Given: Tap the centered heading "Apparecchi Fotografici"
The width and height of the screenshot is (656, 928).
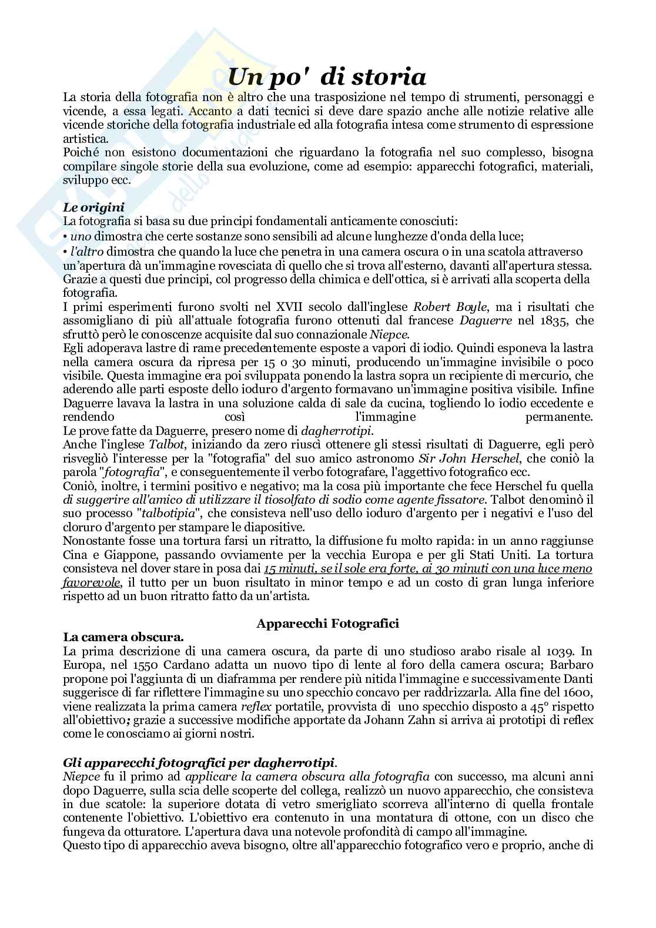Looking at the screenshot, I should (x=327, y=623).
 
